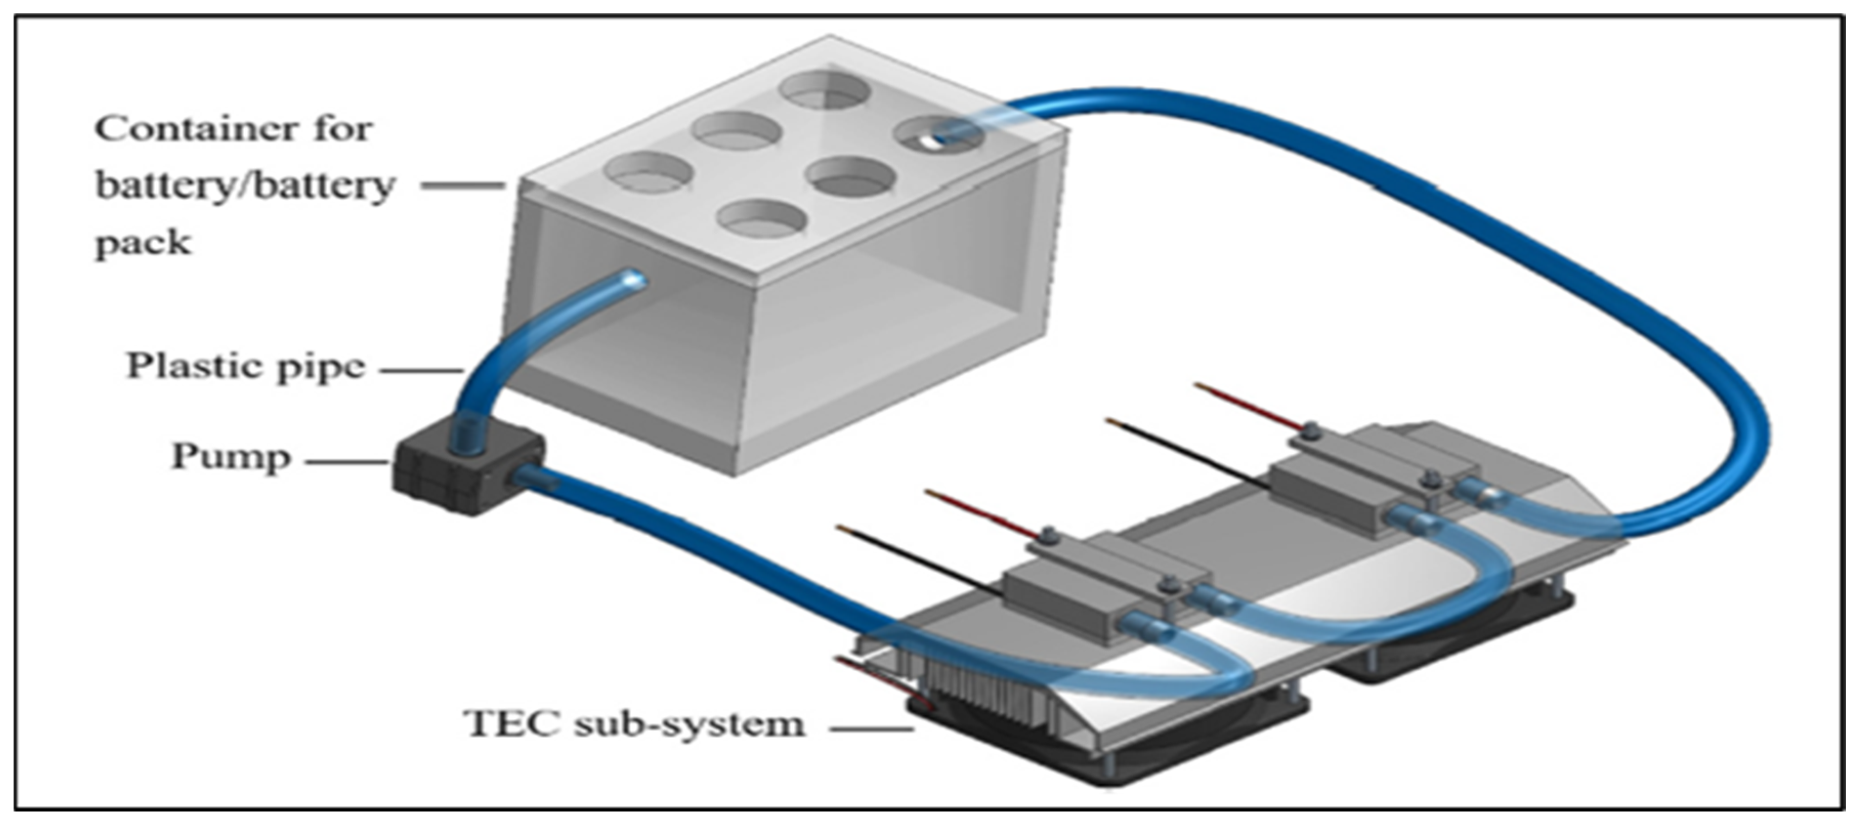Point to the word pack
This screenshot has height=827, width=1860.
point(143,243)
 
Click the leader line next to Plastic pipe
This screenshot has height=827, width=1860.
point(422,371)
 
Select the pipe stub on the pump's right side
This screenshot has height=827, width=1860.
point(533,478)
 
